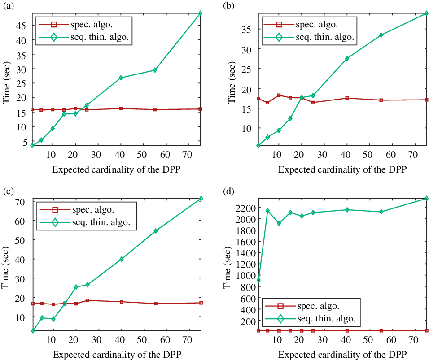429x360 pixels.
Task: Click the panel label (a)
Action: tap(9, 6)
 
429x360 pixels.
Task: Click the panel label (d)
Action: tap(229, 191)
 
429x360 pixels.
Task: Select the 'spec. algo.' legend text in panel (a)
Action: tap(92, 24)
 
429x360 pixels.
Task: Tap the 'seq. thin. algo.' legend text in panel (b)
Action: tap(325, 37)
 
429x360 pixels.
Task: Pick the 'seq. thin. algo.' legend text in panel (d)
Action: tap(326, 318)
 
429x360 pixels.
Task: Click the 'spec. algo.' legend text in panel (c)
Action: tap(93, 210)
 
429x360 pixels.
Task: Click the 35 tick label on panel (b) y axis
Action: tap(246, 30)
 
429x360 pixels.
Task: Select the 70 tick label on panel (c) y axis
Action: tap(20, 202)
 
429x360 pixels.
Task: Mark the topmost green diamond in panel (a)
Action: tap(200, 13)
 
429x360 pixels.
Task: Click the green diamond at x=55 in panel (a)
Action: tap(155, 70)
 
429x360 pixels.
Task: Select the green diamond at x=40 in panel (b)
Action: tap(347, 58)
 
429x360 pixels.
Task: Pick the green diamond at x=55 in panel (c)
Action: tap(155, 231)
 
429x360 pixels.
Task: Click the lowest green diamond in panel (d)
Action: tap(258, 280)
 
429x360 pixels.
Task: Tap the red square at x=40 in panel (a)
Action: tap(121, 108)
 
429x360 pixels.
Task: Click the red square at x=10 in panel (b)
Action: tap(279, 95)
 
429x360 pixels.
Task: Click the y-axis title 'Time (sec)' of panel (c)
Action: tap(5, 267)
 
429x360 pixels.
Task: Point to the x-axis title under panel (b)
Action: tap(342, 169)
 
